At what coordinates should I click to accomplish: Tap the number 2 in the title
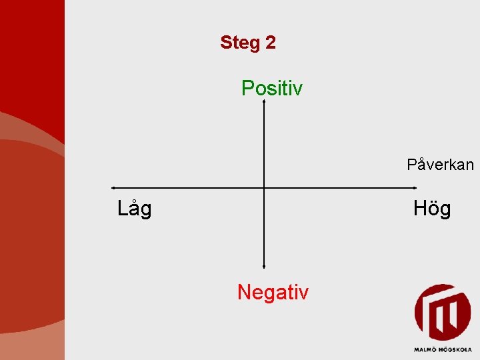[x=270, y=43]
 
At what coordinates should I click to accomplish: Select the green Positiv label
[x=272, y=88]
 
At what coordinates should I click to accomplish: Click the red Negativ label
[x=273, y=292]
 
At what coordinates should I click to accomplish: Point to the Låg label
[x=134, y=209]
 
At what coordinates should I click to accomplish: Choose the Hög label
[x=432, y=209]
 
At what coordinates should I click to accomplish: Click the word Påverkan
[x=440, y=165]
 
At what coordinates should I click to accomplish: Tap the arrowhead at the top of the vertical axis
[x=265, y=101]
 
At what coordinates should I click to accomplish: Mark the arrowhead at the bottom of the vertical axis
[x=265, y=267]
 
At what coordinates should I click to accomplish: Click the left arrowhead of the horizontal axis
[x=113, y=188]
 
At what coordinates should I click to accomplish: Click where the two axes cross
[x=265, y=188]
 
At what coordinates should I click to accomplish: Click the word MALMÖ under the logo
[x=425, y=349]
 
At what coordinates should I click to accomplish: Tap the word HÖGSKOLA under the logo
[x=455, y=349]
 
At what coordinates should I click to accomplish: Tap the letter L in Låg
[x=122, y=209]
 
